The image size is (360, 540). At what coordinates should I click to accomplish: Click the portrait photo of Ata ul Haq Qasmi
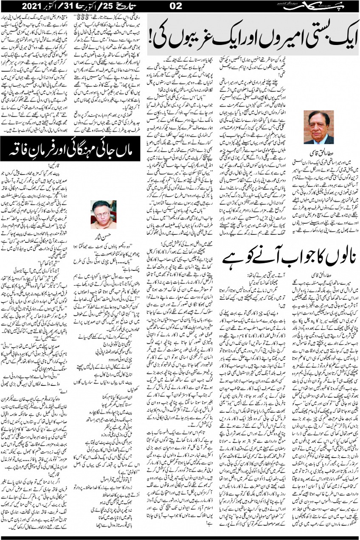[320, 127]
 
